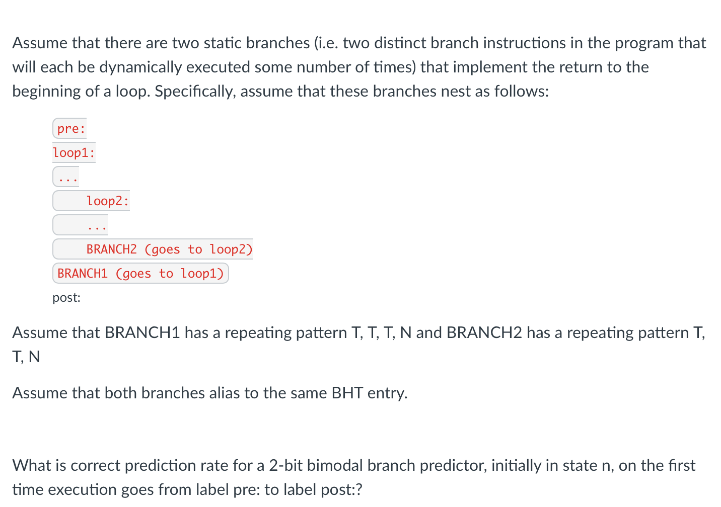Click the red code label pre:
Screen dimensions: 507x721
(71, 129)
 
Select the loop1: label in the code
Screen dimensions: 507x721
(74, 152)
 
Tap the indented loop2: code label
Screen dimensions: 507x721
(108, 201)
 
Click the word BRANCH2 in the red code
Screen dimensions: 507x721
(112, 249)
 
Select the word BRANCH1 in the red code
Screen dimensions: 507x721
(83, 274)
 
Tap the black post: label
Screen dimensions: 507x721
(66, 298)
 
